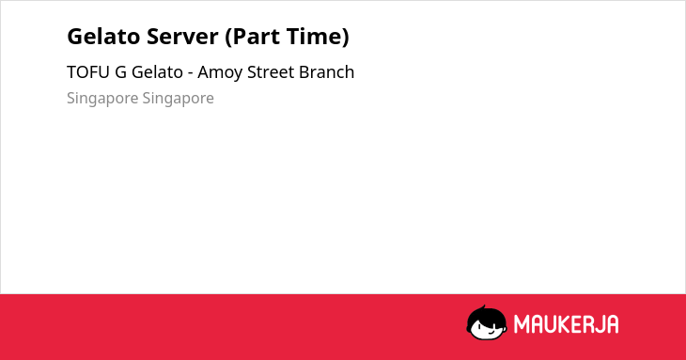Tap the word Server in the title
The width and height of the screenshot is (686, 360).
[182, 37]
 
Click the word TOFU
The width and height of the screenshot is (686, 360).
[88, 72]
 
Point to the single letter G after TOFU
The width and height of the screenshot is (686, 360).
[120, 72]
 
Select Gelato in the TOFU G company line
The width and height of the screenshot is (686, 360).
[157, 72]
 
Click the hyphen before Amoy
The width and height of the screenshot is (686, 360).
[191, 74]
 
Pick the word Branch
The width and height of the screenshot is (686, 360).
[326, 72]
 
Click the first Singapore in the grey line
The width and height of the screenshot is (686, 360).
[102, 99]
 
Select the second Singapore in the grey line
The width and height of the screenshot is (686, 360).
[178, 99]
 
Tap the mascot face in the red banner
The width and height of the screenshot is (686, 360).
[487, 323]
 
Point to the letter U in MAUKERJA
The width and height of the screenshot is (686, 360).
[553, 324]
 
